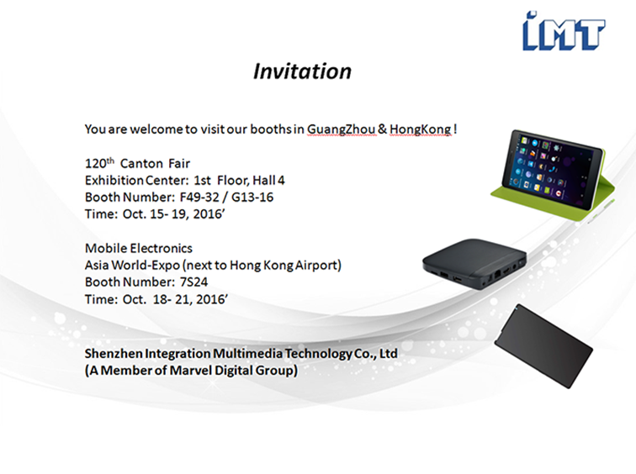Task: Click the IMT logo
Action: pyautogui.click(x=564, y=31)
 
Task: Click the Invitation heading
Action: pyautogui.click(x=302, y=71)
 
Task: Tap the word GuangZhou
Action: pyautogui.click(x=341, y=129)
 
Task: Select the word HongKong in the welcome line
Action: pyautogui.click(x=421, y=129)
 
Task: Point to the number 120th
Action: pyautogui.click(x=99, y=163)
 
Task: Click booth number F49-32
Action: pyautogui.click(x=199, y=197)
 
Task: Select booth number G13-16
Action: pyautogui.click(x=252, y=197)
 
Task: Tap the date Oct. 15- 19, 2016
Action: pyautogui.click(x=172, y=214)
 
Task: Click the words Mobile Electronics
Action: pyautogui.click(x=139, y=248)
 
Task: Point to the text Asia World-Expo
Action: pyautogui.click(x=132, y=265)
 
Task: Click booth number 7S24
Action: pyautogui.click(x=193, y=282)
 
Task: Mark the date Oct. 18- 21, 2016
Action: pyautogui.click(x=174, y=299)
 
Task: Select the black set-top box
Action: pyautogui.click(x=474, y=263)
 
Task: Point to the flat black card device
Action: pyautogui.click(x=543, y=346)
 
